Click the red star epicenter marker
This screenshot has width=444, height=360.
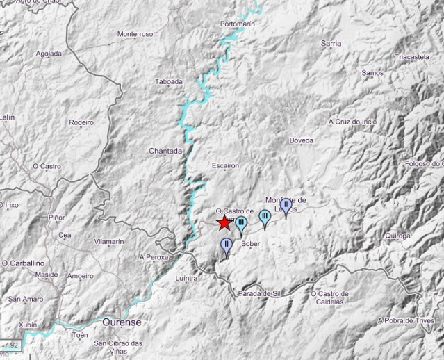[224, 223]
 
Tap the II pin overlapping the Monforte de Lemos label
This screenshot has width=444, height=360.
[286, 205]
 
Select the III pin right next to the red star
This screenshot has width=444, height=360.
[240, 224]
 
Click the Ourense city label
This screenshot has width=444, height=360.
[122, 322]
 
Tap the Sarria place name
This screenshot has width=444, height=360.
[331, 43]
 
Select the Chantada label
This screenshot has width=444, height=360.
[165, 151]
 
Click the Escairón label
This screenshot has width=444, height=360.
[225, 166]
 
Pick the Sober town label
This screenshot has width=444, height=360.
[250, 245]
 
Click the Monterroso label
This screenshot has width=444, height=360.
[135, 33]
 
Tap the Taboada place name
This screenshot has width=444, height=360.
[168, 81]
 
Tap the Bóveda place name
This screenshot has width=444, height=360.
[302, 140]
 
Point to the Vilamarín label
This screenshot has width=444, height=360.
[108, 241]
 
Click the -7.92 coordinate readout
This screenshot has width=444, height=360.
[11, 344]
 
